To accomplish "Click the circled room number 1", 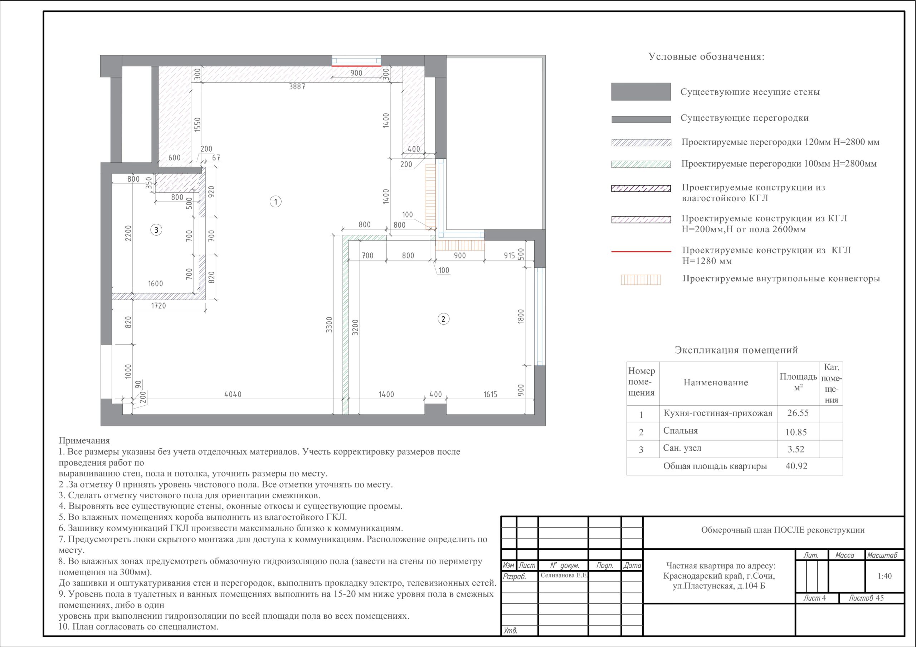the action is click(276, 202).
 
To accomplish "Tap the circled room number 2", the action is click(443, 319).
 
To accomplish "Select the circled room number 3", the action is click(156, 229).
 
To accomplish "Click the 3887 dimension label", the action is click(297, 87).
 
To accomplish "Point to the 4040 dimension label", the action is click(233, 394).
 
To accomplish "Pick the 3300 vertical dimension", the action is click(329, 325).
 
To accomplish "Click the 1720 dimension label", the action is click(159, 306).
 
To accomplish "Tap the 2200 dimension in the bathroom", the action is click(128, 233).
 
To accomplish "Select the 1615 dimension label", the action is click(490, 394).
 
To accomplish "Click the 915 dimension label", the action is click(509, 256).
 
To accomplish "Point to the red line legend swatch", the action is click(641, 252).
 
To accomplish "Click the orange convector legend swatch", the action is click(641, 280).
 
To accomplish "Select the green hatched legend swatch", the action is click(641, 164).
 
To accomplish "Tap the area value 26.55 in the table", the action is click(798, 413).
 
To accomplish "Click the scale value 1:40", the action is click(885, 576).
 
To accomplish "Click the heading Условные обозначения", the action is click(707, 56).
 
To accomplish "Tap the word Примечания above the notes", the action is click(84, 440).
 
